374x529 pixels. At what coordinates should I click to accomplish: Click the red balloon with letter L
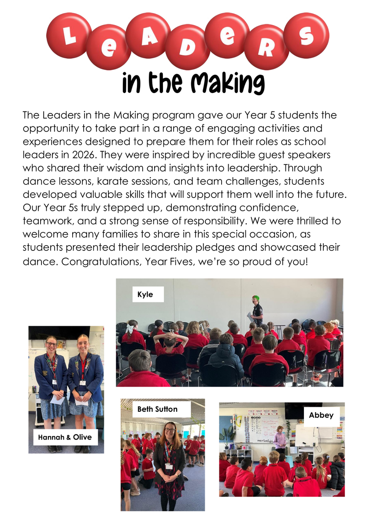click(69, 36)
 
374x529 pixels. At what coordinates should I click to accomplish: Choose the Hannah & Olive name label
click(65, 437)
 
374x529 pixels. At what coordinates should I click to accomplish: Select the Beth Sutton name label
click(158, 409)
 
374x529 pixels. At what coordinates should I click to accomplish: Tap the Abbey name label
click(321, 415)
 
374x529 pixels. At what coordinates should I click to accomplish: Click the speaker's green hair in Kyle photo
click(256, 298)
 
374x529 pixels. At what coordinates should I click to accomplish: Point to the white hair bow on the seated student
click(130, 328)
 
